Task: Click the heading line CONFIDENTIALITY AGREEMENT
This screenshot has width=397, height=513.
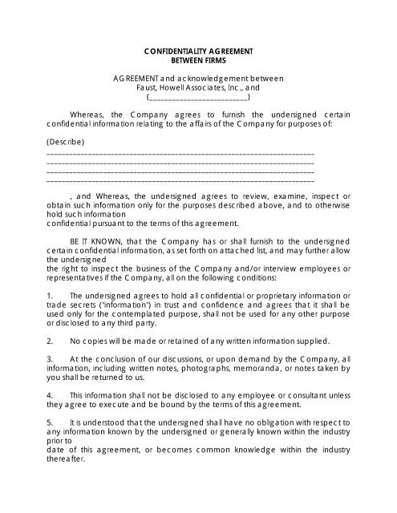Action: coord(198,51)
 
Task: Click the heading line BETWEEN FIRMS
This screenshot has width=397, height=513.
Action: coord(198,60)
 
